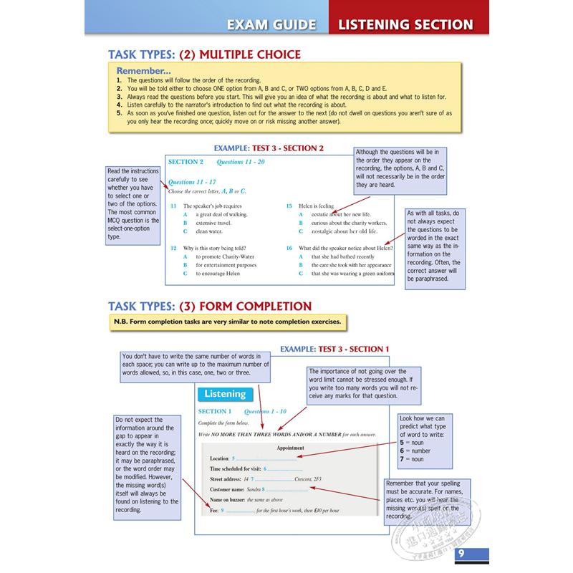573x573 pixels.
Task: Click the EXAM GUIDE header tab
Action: pyautogui.click(x=271, y=25)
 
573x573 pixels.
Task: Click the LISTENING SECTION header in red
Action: pyautogui.click(x=405, y=25)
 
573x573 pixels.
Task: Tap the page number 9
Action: pyautogui.click(x=461, y=553)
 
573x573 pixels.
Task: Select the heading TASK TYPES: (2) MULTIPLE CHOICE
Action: pyautogui.click(x=204, y=54)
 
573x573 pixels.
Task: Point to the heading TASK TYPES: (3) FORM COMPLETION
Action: pyautogui.click(x=209, y=306)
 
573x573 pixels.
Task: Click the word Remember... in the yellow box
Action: pyautogui.click(x=143, y=72)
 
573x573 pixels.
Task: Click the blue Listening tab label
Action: pyautogui.click(x=224, y=394)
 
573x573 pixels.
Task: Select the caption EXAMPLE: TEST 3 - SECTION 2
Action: pyautogui.click(x=264, y=148)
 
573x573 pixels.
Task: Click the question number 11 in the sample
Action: pyautogui.click(x=174, y=206)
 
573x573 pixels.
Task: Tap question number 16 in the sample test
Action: pyautogui.click(x=289, y=248)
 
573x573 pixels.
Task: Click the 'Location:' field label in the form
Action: pyautogui.click(x=219, y=458)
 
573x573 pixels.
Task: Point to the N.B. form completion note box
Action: pyautogui.click(x=226, y=323)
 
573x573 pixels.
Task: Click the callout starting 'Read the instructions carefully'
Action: pyautogui.click(x=133, y=203)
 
